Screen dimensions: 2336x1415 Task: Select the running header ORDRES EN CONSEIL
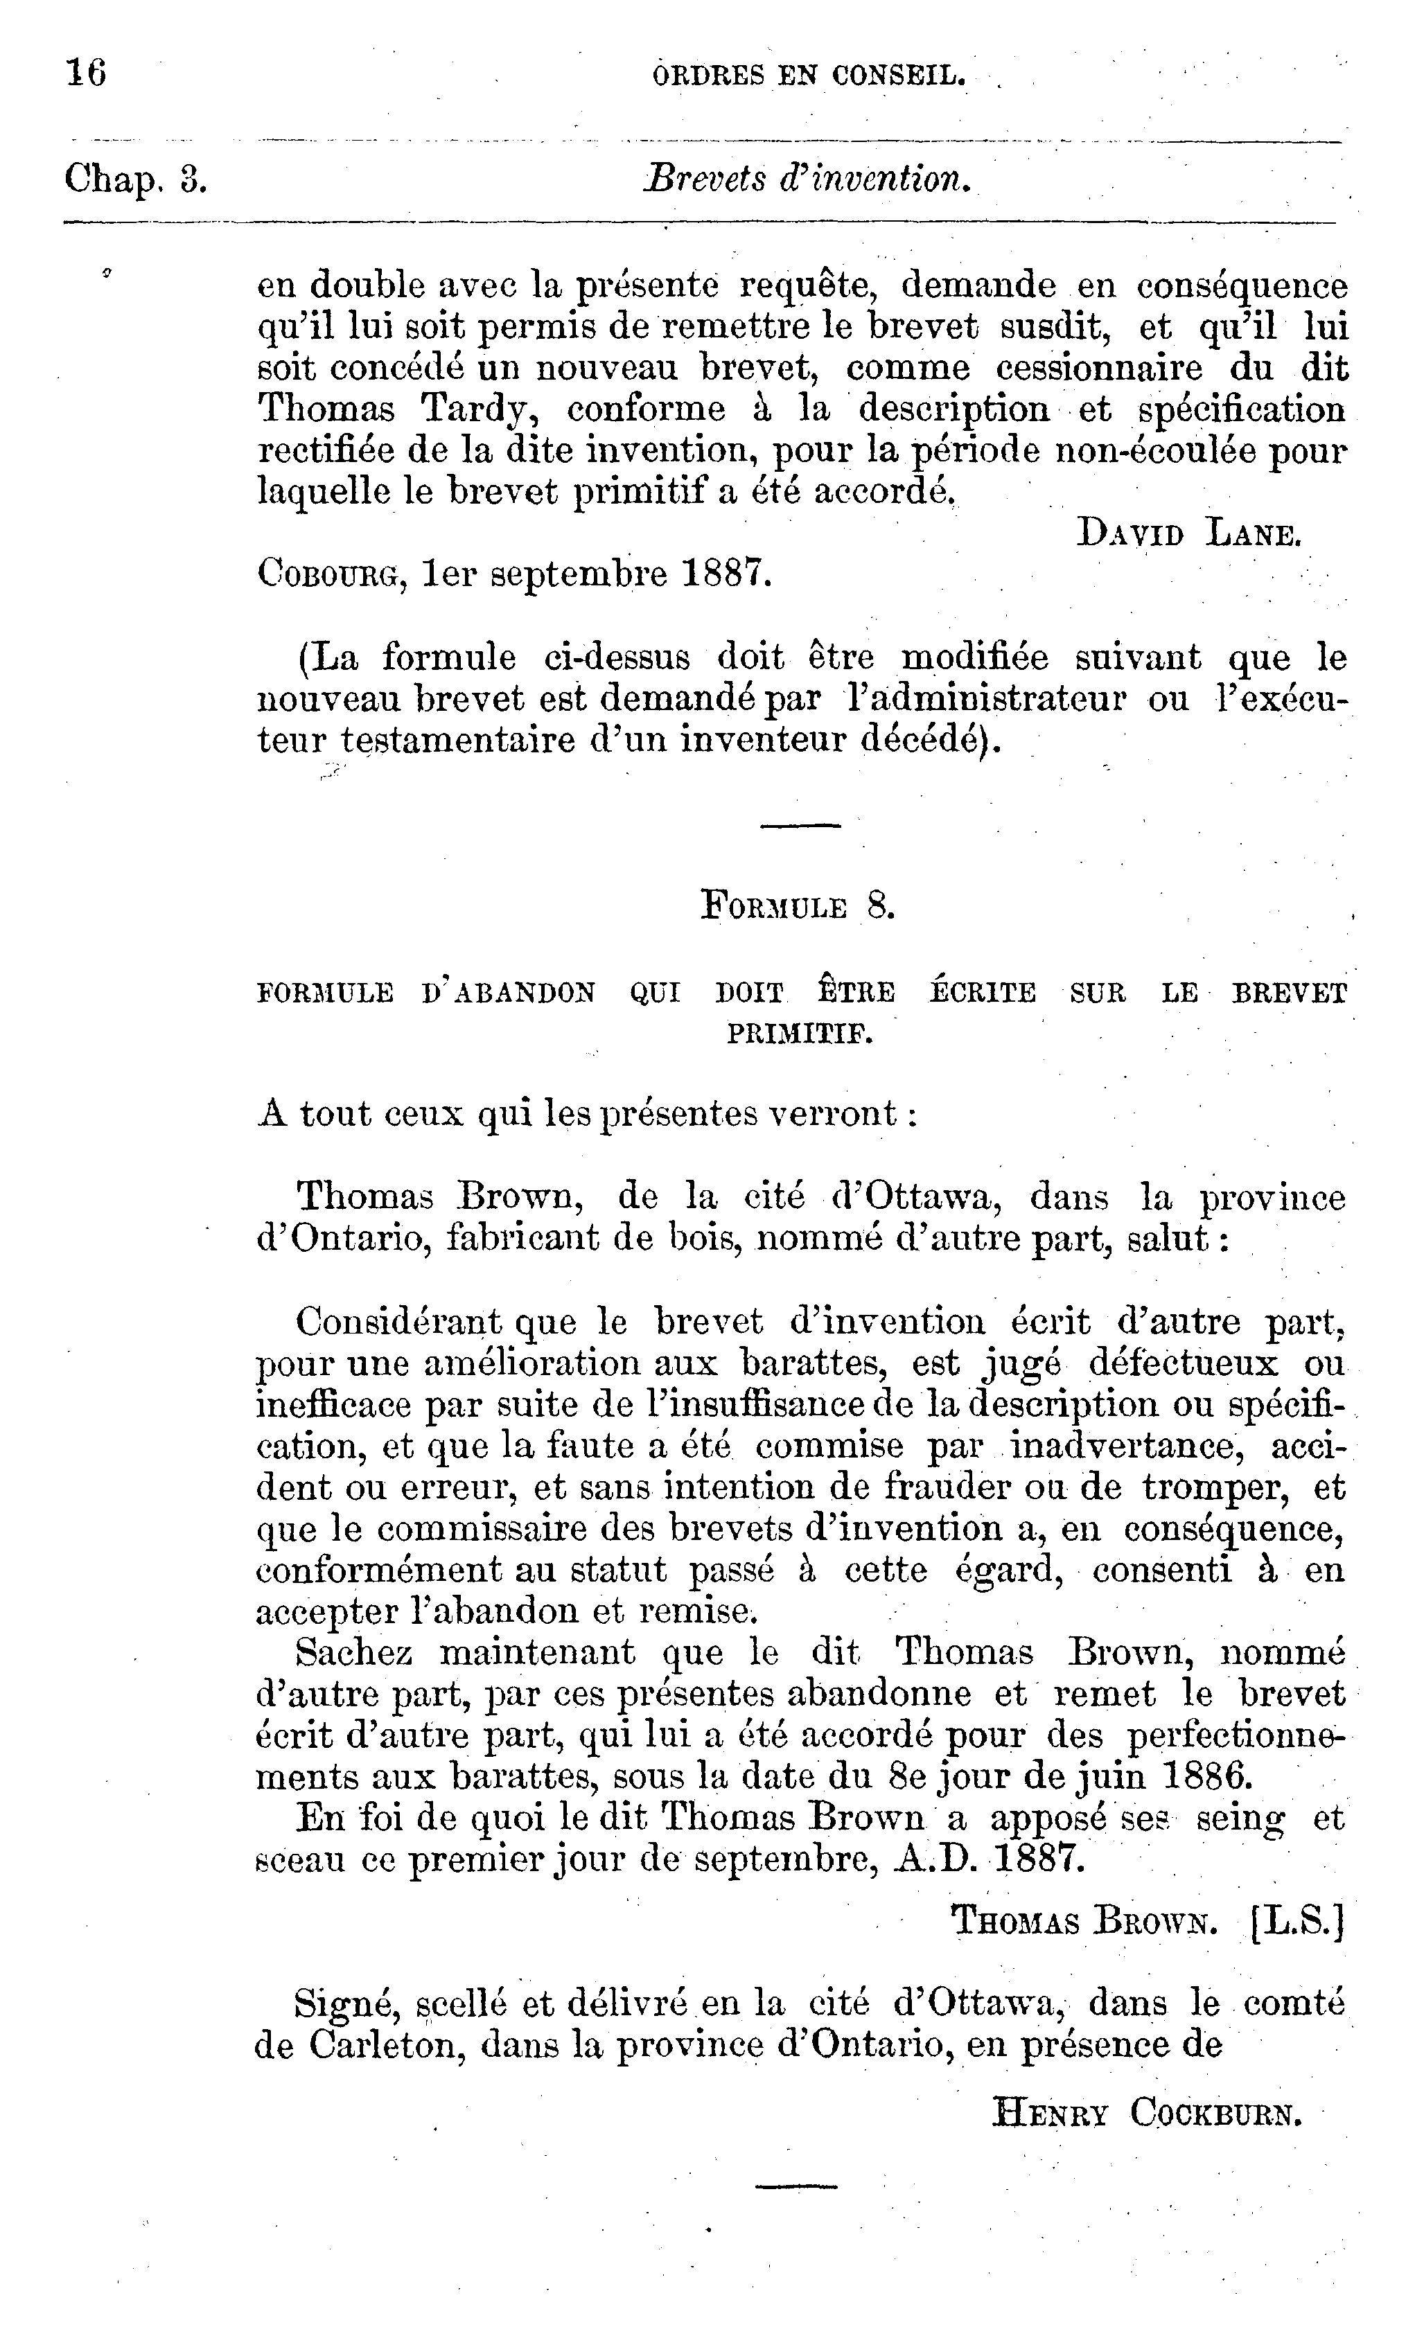tap(809, 75)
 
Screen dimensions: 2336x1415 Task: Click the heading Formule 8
tap(798, 906)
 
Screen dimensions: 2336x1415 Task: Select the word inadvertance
tap(1125, 1446)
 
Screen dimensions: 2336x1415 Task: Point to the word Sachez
tap(353, 1652)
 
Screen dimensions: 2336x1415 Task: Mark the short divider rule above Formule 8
tap(800, 826)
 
